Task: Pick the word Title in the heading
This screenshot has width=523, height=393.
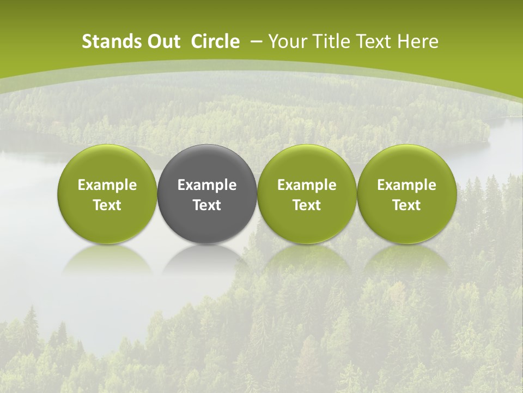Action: coord(331,41)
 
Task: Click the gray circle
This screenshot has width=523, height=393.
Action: coord(207,194)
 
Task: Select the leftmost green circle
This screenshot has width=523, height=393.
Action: coord(107,194)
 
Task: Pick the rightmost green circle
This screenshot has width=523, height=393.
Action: coord(406,194)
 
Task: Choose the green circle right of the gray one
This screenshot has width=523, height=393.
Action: coord(307,194)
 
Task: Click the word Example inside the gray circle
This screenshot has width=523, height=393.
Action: coord(207,185)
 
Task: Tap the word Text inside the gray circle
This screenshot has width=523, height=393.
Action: coord(207,205)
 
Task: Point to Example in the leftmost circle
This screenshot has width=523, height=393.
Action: coord(107,185)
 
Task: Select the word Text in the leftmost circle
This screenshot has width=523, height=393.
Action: coord(107,205)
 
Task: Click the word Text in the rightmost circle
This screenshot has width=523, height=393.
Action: coord(406,205)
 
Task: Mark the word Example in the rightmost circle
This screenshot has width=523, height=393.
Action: coord(406,185)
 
